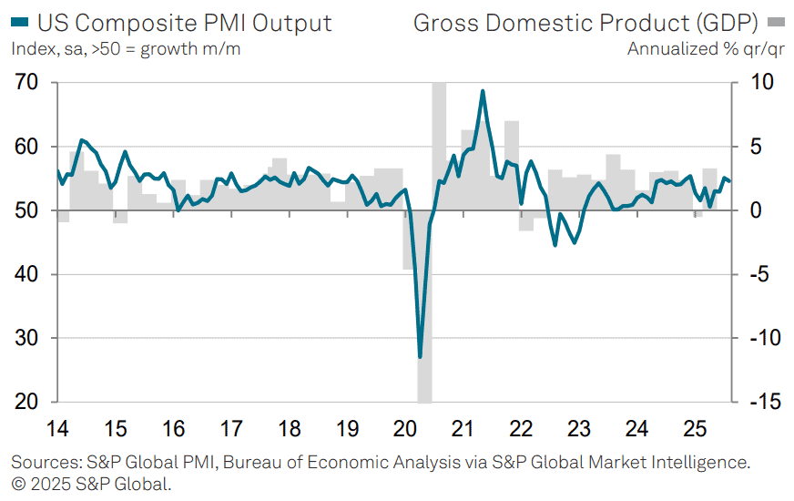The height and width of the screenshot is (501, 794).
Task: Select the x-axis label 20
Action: click(x=404, y=427)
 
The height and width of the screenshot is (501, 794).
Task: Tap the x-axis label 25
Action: click(x=694, y=427)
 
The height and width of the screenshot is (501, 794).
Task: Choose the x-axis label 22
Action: click(x=520, y=427)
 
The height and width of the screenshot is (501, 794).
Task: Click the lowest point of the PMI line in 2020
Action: click(x=420, y=356)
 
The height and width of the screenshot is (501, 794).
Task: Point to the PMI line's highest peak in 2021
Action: click(x=483, y=91)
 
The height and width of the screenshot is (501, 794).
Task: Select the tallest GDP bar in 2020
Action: click(x=439, y=137)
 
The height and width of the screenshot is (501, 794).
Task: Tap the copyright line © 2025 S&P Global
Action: click(x=91, y=484)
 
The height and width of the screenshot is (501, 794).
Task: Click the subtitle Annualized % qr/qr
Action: click(x=705, y=48)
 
